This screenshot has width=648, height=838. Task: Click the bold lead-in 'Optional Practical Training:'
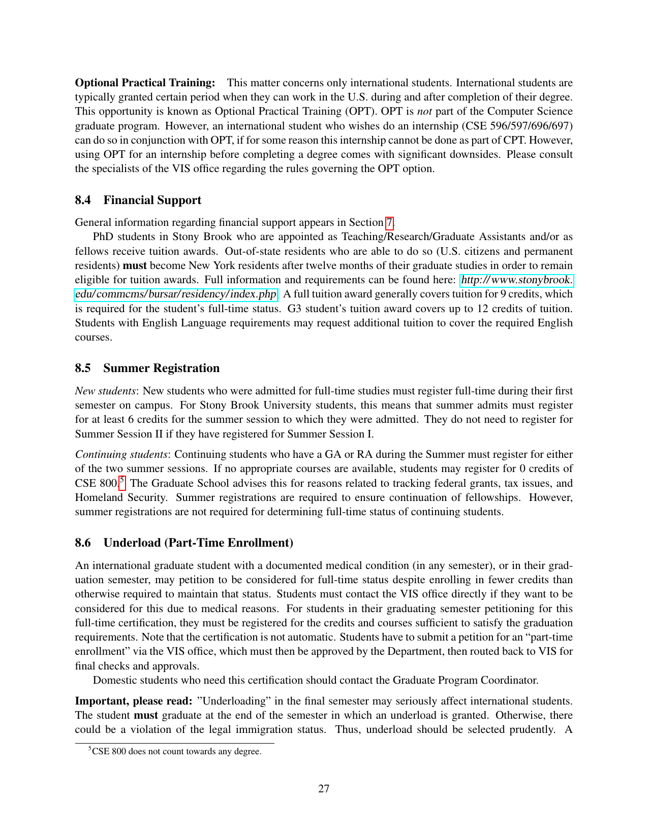145,83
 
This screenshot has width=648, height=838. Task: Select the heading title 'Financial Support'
152,200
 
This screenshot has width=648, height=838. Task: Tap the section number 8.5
83,368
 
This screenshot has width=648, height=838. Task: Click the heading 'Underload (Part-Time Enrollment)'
198,543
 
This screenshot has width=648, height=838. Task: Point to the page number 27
324,788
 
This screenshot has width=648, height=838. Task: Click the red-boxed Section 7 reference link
389,222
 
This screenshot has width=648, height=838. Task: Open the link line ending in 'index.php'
176,294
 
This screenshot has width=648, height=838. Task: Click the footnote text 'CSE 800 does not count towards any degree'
176,751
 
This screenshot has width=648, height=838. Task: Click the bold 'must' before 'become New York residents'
135,265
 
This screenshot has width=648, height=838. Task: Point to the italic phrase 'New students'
105,391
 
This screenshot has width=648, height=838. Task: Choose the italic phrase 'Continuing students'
121,454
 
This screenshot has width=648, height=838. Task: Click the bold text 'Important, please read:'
133,701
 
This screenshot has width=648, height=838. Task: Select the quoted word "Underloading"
234,701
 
